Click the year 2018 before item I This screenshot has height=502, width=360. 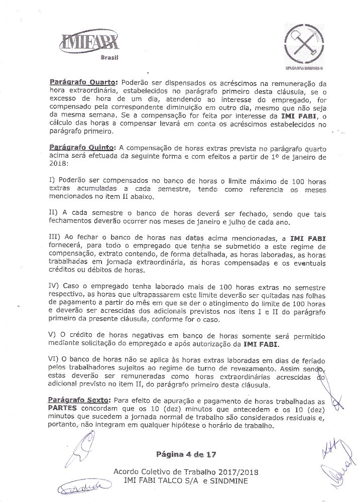pyautogui.click(x=58, y=165)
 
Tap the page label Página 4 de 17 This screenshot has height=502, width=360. pyautogui.click(x=186, y=455)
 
